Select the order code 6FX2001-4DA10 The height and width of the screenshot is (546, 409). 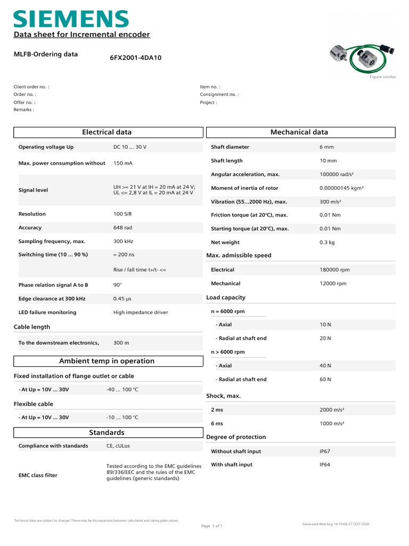click(x=135, y=58)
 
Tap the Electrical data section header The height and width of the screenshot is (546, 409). click(x=107, y=132)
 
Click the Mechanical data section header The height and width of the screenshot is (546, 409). click(x=299, y=132)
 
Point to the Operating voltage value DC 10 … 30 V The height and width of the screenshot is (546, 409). click(x=129, y=147)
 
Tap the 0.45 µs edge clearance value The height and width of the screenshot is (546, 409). click(x=122, y=299)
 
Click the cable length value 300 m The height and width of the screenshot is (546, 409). click(x=121, y=343)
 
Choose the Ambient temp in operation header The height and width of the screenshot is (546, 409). click(x=107, y=361)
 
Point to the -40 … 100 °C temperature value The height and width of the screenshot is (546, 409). click(x=122, y=390)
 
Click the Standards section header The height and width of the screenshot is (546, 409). click(x=107, y=432)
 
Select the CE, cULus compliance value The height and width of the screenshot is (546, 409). click(x=118, y=446)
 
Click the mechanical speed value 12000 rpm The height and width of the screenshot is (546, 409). click(x=333, y=284)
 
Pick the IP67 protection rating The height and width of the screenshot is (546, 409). click(x=325, y=451)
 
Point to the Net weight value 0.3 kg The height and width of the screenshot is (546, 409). click(x=326, y=242)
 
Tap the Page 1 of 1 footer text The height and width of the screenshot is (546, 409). click(x=211, y=526)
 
